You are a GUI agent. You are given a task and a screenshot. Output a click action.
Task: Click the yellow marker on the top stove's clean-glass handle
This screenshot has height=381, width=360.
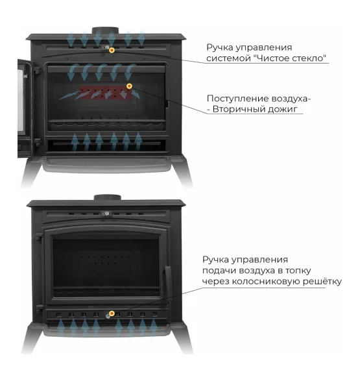112,50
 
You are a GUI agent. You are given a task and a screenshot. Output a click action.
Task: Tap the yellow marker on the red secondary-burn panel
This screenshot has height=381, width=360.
129,86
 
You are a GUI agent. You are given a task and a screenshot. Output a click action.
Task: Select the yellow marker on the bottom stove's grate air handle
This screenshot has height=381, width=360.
112,313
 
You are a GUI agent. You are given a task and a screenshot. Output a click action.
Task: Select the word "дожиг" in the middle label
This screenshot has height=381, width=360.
283,110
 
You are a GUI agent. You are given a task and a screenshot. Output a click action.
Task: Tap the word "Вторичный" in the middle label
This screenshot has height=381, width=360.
239,109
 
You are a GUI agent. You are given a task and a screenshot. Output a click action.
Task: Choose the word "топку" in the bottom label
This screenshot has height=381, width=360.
298,271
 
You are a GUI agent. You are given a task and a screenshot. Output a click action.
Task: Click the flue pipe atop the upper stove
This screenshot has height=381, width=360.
105,31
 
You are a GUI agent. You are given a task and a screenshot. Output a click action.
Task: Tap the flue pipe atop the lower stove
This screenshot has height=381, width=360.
108,197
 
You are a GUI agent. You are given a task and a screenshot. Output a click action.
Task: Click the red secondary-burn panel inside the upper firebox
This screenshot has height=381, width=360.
106,93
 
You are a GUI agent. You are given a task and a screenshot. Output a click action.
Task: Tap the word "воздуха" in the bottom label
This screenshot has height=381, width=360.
258,271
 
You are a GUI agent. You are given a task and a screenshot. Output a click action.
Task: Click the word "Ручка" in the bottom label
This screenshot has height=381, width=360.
215,260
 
